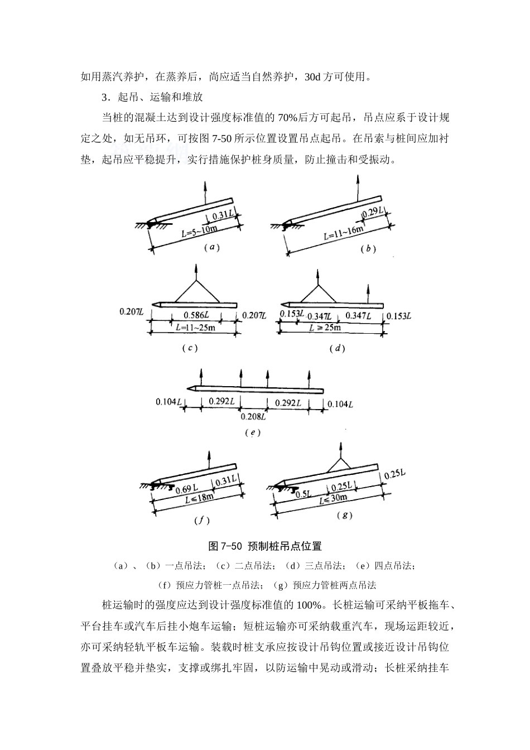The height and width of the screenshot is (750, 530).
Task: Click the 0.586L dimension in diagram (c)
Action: click(x=195, y=315)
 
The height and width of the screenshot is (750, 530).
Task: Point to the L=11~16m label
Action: click(x=343, y=232)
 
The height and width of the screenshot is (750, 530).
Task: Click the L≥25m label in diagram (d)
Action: click(x=325, y=328)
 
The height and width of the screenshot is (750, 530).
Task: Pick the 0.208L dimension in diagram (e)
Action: click(x=253, y=416)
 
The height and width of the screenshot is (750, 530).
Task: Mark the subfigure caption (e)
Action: click(x=253, y=432)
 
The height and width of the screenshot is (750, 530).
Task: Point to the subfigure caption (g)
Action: click(x=344, y=516)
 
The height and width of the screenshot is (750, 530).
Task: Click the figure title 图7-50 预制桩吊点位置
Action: click(x=265, y=546)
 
